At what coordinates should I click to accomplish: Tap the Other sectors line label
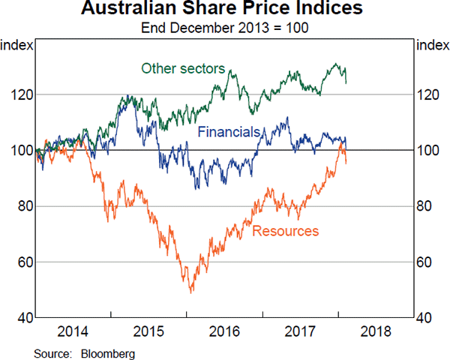click(x=183, y=69)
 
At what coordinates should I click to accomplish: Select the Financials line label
click(x=229, y=132)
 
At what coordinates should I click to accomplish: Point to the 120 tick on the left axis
click(x=21, y=94)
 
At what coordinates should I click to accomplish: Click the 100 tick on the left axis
click(x=21, y=151)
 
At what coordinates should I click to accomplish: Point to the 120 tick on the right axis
click(x=430, y=94)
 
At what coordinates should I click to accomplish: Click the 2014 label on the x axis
click(x=73, y=331)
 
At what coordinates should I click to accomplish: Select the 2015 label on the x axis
click(x=149, y=331)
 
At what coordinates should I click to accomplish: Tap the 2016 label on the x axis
click(x=225, y=331)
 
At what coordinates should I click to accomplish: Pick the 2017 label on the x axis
click(x=300, y=331)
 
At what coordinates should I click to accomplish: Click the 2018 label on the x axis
click(x=375, y=331)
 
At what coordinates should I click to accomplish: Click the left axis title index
click(x=16, y=45)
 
